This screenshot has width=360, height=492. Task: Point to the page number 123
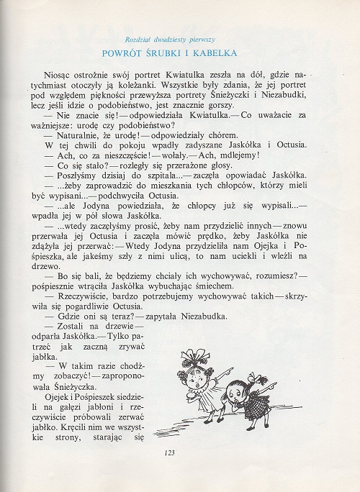[x=170, y=452]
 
